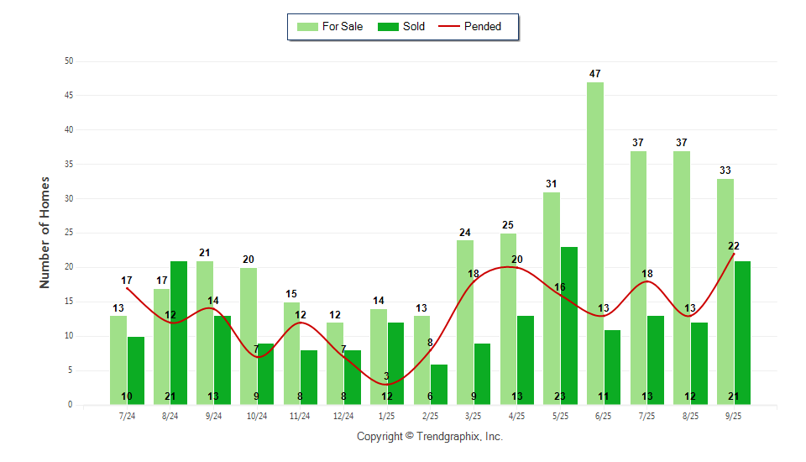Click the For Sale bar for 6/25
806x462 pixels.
coord(594,244)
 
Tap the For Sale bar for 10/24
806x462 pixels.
coord(249,336)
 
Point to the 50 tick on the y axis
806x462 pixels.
coord(69,61)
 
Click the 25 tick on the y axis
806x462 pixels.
coord(69,234)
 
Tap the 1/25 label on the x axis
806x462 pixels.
coord(387,416)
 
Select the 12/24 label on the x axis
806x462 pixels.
coord(343,416)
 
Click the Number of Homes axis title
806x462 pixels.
coord(45,233)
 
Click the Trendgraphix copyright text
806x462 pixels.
coord(430,437)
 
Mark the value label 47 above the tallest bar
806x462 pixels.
coord(595,74)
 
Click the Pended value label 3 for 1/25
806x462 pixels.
coord(387,376)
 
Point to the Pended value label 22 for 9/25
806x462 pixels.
coord(734,246)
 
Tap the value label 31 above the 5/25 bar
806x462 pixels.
coord(551,184)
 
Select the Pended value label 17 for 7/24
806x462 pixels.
coord(127,281)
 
